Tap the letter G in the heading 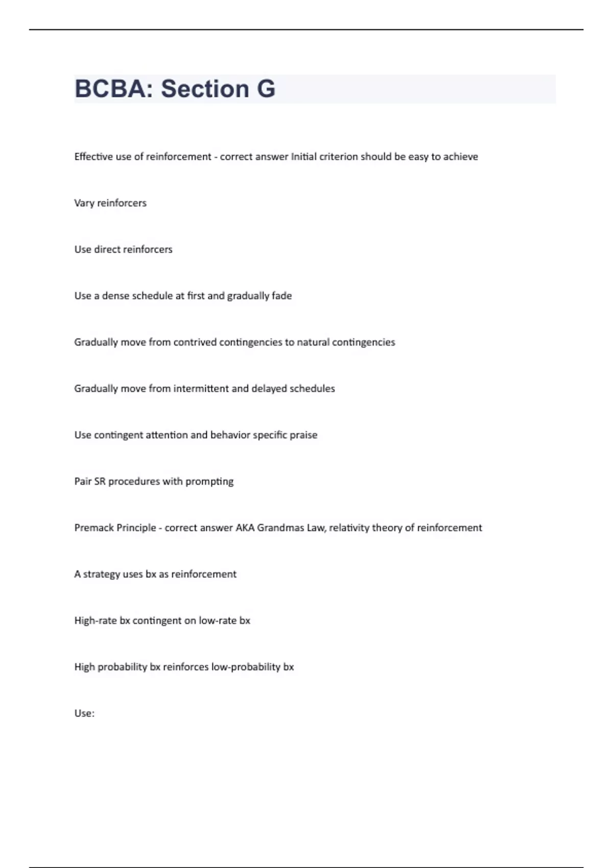tap(266, 89)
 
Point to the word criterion tap(338, 157)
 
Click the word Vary tap(84, 203)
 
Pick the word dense tap(115, 296)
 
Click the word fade tap(281, 296)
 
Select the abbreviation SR tap(100, 481)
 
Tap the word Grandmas tap(280, 528)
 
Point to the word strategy tap(102, 574)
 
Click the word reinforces tap(186, 667)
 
